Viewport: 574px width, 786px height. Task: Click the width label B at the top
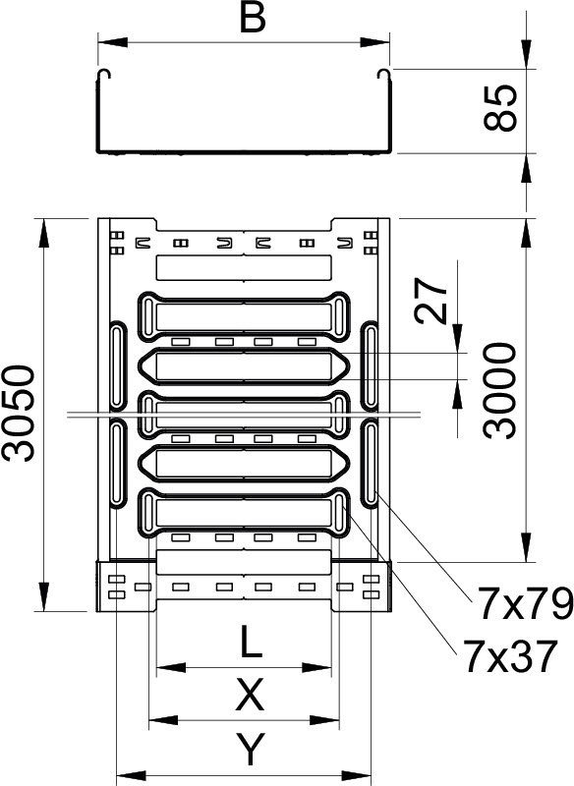pos(253,19)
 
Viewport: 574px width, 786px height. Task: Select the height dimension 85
pos(500,108)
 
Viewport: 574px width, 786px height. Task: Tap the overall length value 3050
pos(19,413)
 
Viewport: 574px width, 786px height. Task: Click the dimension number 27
pos(431,301)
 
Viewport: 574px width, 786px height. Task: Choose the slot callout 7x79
pos(526,603)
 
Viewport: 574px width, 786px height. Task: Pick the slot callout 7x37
pos(510,655)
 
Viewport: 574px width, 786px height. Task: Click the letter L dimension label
pos(252,642)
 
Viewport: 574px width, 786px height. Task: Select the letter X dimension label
pos(250,695)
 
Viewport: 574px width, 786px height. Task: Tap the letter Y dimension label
pos(251,749)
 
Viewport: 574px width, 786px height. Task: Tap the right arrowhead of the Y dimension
pos(357,774)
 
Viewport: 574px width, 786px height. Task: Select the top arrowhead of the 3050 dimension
pos(44,233)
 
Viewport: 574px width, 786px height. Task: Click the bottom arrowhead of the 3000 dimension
pos(526,547)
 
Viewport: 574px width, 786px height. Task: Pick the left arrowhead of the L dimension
pos(171,668)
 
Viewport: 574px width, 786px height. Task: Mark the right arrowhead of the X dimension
pos(325,721)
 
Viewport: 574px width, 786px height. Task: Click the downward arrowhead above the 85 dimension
pos(526,54)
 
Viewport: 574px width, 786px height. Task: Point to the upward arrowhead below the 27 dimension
pos(457,394)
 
